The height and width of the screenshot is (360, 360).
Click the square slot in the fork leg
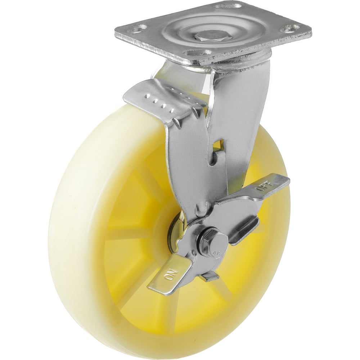(x=219, y=144)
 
